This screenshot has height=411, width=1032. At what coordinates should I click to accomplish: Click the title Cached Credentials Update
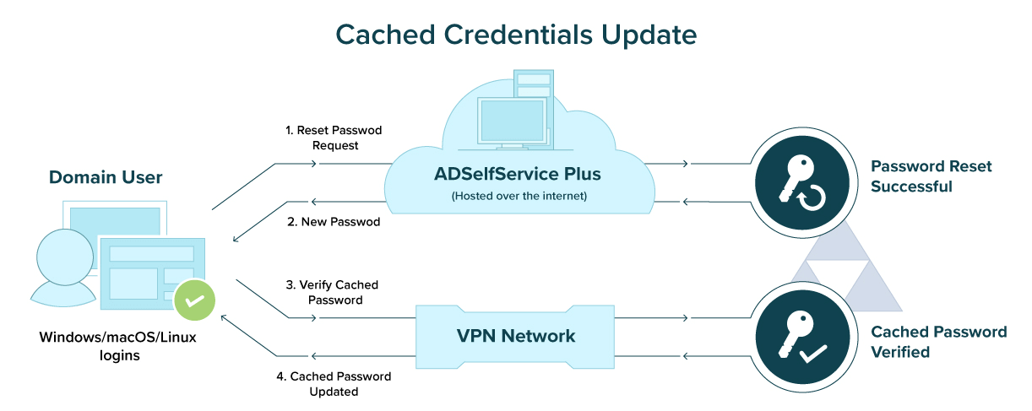coord(516,33)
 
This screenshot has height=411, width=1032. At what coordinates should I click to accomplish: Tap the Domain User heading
coord(106,177)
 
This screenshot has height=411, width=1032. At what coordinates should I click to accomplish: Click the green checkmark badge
coord(194,300)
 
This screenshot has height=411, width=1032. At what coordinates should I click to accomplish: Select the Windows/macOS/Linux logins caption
coord(106,346)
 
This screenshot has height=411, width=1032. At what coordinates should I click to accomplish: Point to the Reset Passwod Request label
coord(334,138)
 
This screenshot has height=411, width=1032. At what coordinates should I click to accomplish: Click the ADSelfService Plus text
coord(517,175)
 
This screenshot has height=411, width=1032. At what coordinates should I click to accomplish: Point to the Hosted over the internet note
coord(517,196)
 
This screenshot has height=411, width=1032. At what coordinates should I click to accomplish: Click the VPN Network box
coord(516,336)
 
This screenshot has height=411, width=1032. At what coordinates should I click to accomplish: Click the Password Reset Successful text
coord(931,176)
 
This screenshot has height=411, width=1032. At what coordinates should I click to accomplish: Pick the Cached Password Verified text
coord(938,342)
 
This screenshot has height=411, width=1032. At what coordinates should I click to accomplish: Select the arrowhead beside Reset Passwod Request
coord(314,164)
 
